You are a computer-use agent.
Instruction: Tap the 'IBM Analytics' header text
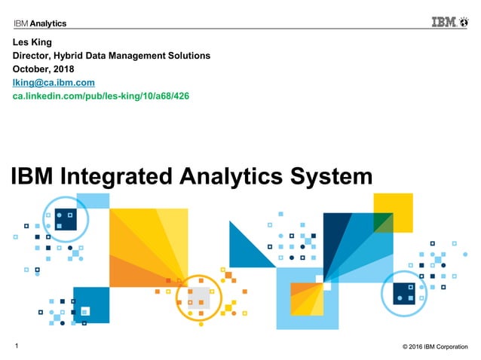coord(40,23)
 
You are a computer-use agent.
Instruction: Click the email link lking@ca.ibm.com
coord(54,82)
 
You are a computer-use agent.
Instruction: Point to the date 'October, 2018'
coord(47,69)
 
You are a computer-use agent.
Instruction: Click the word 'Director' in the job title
coord(35,55)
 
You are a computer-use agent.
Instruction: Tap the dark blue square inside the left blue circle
coord(65,218)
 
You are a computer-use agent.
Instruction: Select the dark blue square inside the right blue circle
coord(406,293)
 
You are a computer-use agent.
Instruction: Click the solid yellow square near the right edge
coord(393,212)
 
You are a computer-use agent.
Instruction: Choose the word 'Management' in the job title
coord(142,55)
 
